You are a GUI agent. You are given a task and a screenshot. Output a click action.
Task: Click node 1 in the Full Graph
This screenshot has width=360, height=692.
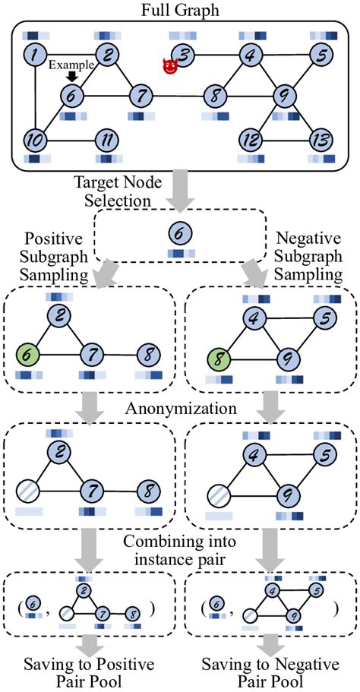tap(34, 54)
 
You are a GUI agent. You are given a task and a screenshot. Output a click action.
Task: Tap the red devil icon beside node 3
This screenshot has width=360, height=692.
tap(169, 67)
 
